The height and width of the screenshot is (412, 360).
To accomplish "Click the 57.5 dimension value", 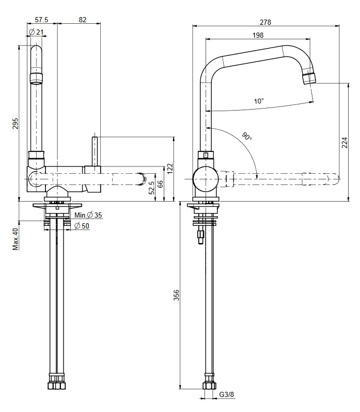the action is point(41,20).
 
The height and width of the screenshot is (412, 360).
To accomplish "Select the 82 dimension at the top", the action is point(83,20).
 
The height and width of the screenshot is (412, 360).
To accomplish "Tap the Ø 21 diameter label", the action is point(36,33).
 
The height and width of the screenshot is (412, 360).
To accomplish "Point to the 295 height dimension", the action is point(15,124).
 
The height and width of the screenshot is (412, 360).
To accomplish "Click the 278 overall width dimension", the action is point(265,22).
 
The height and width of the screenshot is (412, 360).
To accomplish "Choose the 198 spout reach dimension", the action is point(258,35).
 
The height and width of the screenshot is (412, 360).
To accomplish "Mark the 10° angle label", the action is point(259,101).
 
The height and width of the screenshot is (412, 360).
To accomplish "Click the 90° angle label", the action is point(247,136).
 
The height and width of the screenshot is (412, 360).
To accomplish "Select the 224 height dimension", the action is point(345,143).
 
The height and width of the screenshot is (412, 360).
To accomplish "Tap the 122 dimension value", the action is point(170,169).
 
